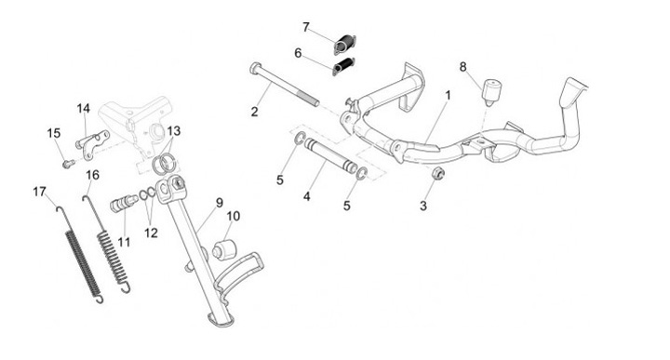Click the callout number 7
tap(305, 27)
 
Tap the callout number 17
tap(39, 193)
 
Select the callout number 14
tap(84, 109)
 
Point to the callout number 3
tap(423, 206)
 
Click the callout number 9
tap(220, 203)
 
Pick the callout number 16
tap(92, 175)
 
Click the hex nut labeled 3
tap(438, 173)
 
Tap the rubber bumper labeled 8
tap(492, 91)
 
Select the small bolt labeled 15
tap(68, 163)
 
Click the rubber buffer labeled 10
tap(224, 250)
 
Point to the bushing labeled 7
tap(345, 44)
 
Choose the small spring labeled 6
tap(343, 66)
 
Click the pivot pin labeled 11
tap(123, 203)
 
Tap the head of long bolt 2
tap(256, 67)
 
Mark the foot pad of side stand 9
tap(221, 319)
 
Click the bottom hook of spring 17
tap(100, 299)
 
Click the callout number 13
tap(174, 131)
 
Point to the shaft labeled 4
tap(330, 156)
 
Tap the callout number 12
tap(151, 233)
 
